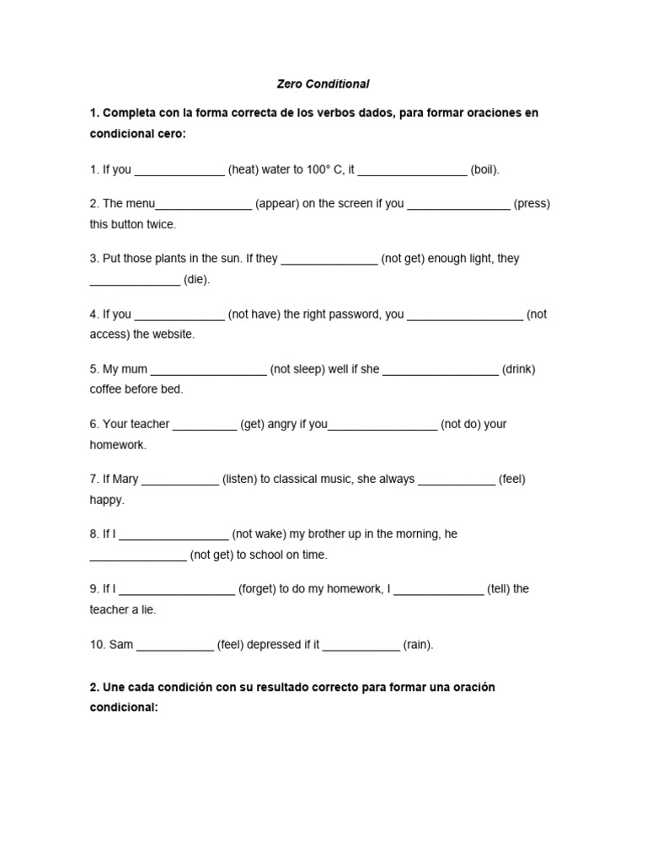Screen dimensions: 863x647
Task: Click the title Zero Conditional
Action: click(x=323, y=84)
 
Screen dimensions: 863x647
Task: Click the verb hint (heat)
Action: click(x=243, y=169)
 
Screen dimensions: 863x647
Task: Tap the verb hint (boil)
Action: click(x=484, y=169)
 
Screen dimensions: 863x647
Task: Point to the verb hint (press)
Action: click(x=532, y=204)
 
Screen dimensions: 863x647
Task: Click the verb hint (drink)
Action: click(x=519, y=369)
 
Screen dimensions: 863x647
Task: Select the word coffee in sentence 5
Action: click(x=105, y=389)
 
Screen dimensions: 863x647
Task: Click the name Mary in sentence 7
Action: click(x=125, y=479)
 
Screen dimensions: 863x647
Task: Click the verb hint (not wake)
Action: click(x=257, y=533)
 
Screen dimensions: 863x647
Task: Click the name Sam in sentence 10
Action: click(x=121, y=645)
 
